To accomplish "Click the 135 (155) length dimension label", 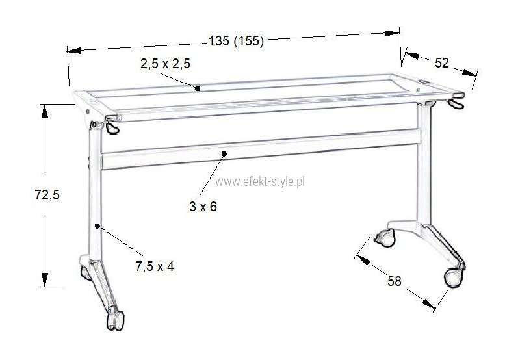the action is pos(236,41).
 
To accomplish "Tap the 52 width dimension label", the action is pos(441,63).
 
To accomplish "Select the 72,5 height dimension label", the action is pos(47,195).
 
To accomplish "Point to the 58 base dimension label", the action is pos(395,281).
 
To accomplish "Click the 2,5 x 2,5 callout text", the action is pos(165,64).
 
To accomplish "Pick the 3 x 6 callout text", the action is pos(203,207).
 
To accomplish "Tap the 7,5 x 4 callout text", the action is pos(154,266).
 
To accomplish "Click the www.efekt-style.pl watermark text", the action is pos(260,182).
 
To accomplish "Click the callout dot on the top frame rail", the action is pos(198,88).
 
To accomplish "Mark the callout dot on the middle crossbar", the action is pos(224,153).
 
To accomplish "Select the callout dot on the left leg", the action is pos(97,225).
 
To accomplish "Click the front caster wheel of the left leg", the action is pos(115,320).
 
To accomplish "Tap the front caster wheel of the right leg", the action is pos(453,277).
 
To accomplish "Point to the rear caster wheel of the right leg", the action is pos(385,238).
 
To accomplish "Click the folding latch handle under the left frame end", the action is pos(112,127).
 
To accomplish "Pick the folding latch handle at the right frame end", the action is pos(456,103).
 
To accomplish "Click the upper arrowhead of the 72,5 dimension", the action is pos(44,112).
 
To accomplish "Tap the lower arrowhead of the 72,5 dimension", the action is pos(44,279).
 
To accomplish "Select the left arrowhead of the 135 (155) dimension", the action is pos(74,51).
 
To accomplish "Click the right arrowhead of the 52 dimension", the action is pos(470,73).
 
